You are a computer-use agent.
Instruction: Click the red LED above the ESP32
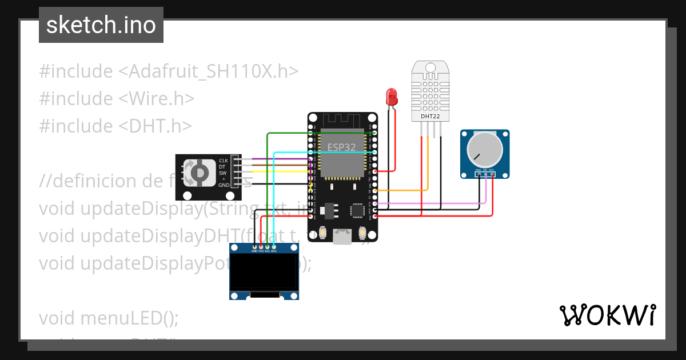[x=392, y=96]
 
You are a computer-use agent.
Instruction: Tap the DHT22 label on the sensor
[x=429, y=116]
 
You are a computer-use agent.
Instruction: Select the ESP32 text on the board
[x=341, y=147]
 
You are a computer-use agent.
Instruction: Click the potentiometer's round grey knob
[x=484, y=149]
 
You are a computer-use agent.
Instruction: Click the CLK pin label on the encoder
[x=223, y=161]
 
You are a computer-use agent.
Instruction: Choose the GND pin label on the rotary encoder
[x=223, y=185]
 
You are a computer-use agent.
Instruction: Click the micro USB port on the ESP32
[x=342, y=237]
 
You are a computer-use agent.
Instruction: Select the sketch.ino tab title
[x=101, y=25]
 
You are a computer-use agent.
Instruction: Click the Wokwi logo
[x=608, y=315]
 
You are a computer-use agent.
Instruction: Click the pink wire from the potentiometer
[x=434, y=203]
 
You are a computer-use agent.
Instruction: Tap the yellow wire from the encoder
[x=274, y=171]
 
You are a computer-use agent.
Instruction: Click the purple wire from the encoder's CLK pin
[x=274, y=159]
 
